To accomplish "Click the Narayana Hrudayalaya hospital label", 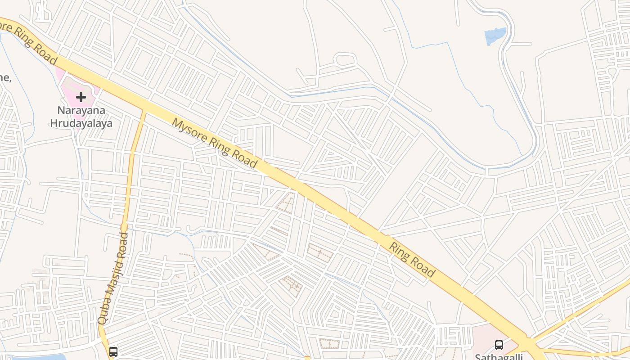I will [x=81, y=117].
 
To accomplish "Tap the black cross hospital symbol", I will [x=81, y=97].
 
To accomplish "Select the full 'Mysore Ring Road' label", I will [x=214, y=143].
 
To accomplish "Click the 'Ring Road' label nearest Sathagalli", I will [x=412, y=260].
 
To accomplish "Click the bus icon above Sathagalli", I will [x=499, y=345].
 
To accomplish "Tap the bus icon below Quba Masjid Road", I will [x=113, y=351].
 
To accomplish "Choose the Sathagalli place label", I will [x=499, y=356].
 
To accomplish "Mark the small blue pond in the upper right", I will [x=495, y=36].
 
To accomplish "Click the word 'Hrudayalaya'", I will [x=81, y=123].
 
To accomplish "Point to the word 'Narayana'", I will [x=81, y=110].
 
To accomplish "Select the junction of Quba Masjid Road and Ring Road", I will [x=144, y=111].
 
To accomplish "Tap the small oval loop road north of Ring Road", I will [x=346, y=59].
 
